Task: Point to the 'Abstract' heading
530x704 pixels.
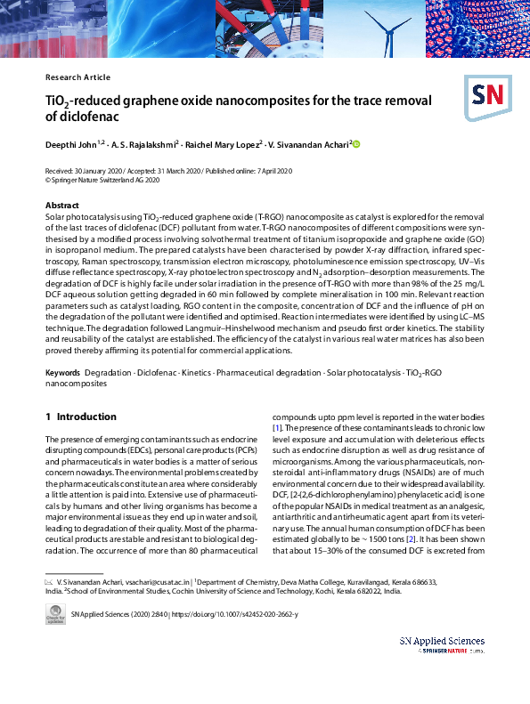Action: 62,206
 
